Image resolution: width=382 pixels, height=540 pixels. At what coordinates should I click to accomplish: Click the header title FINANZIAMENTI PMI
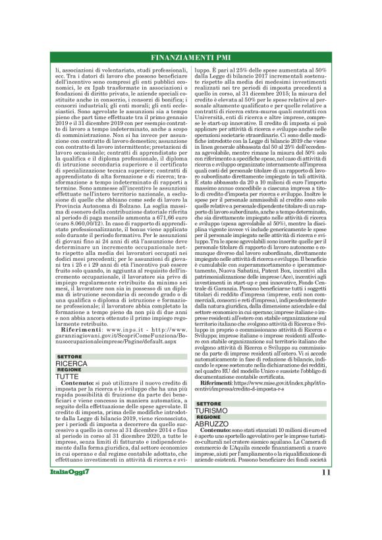tap(190, 56)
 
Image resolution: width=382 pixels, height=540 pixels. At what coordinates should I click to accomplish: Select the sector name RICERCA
tap(71, 363)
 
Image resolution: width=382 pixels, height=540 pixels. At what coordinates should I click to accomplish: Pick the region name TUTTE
tap(67, 376)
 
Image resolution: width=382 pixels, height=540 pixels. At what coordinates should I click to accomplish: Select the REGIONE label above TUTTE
tap(69, 369)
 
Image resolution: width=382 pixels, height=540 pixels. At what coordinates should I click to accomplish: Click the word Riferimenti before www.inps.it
tap(78, 329)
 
